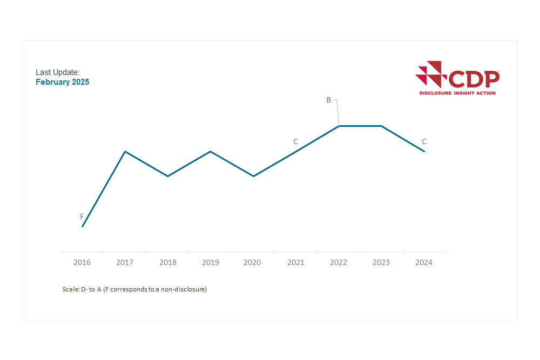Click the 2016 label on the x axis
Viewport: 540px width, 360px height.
(82, 262)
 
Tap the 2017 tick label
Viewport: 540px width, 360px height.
(125, 262)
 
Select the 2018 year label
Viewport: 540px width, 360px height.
(168, 262)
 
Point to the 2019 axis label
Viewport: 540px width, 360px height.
(210, 262)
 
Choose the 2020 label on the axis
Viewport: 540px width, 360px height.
(252, 262)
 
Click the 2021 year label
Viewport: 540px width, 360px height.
(295, 262)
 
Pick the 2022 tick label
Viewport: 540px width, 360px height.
(338, 262)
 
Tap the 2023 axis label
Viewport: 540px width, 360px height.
(381, 262)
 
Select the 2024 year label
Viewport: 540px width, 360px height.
(424, 262)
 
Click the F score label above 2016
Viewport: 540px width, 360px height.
(82, 216)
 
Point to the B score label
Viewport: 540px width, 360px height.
(328, 100)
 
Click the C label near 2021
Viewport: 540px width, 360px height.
(295, 141)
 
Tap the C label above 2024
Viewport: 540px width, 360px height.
(424, 141)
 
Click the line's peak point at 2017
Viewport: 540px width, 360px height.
(125, 151)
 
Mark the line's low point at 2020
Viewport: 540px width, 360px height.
(253, 176)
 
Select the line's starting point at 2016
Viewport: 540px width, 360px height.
(82, 226)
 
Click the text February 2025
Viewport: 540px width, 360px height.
(62, 83)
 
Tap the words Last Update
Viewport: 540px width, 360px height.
(57, 72)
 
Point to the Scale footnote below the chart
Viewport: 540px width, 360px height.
(134, 289)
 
